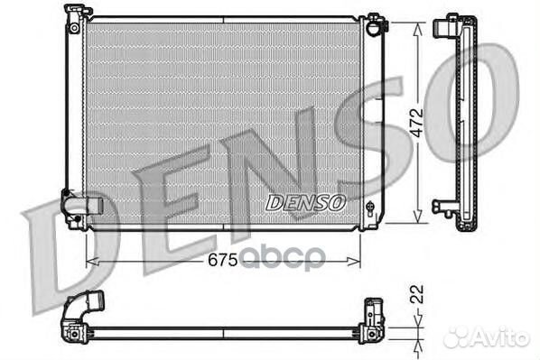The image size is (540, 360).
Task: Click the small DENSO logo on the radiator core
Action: point(305,203)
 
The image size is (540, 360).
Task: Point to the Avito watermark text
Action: point(505,337)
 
